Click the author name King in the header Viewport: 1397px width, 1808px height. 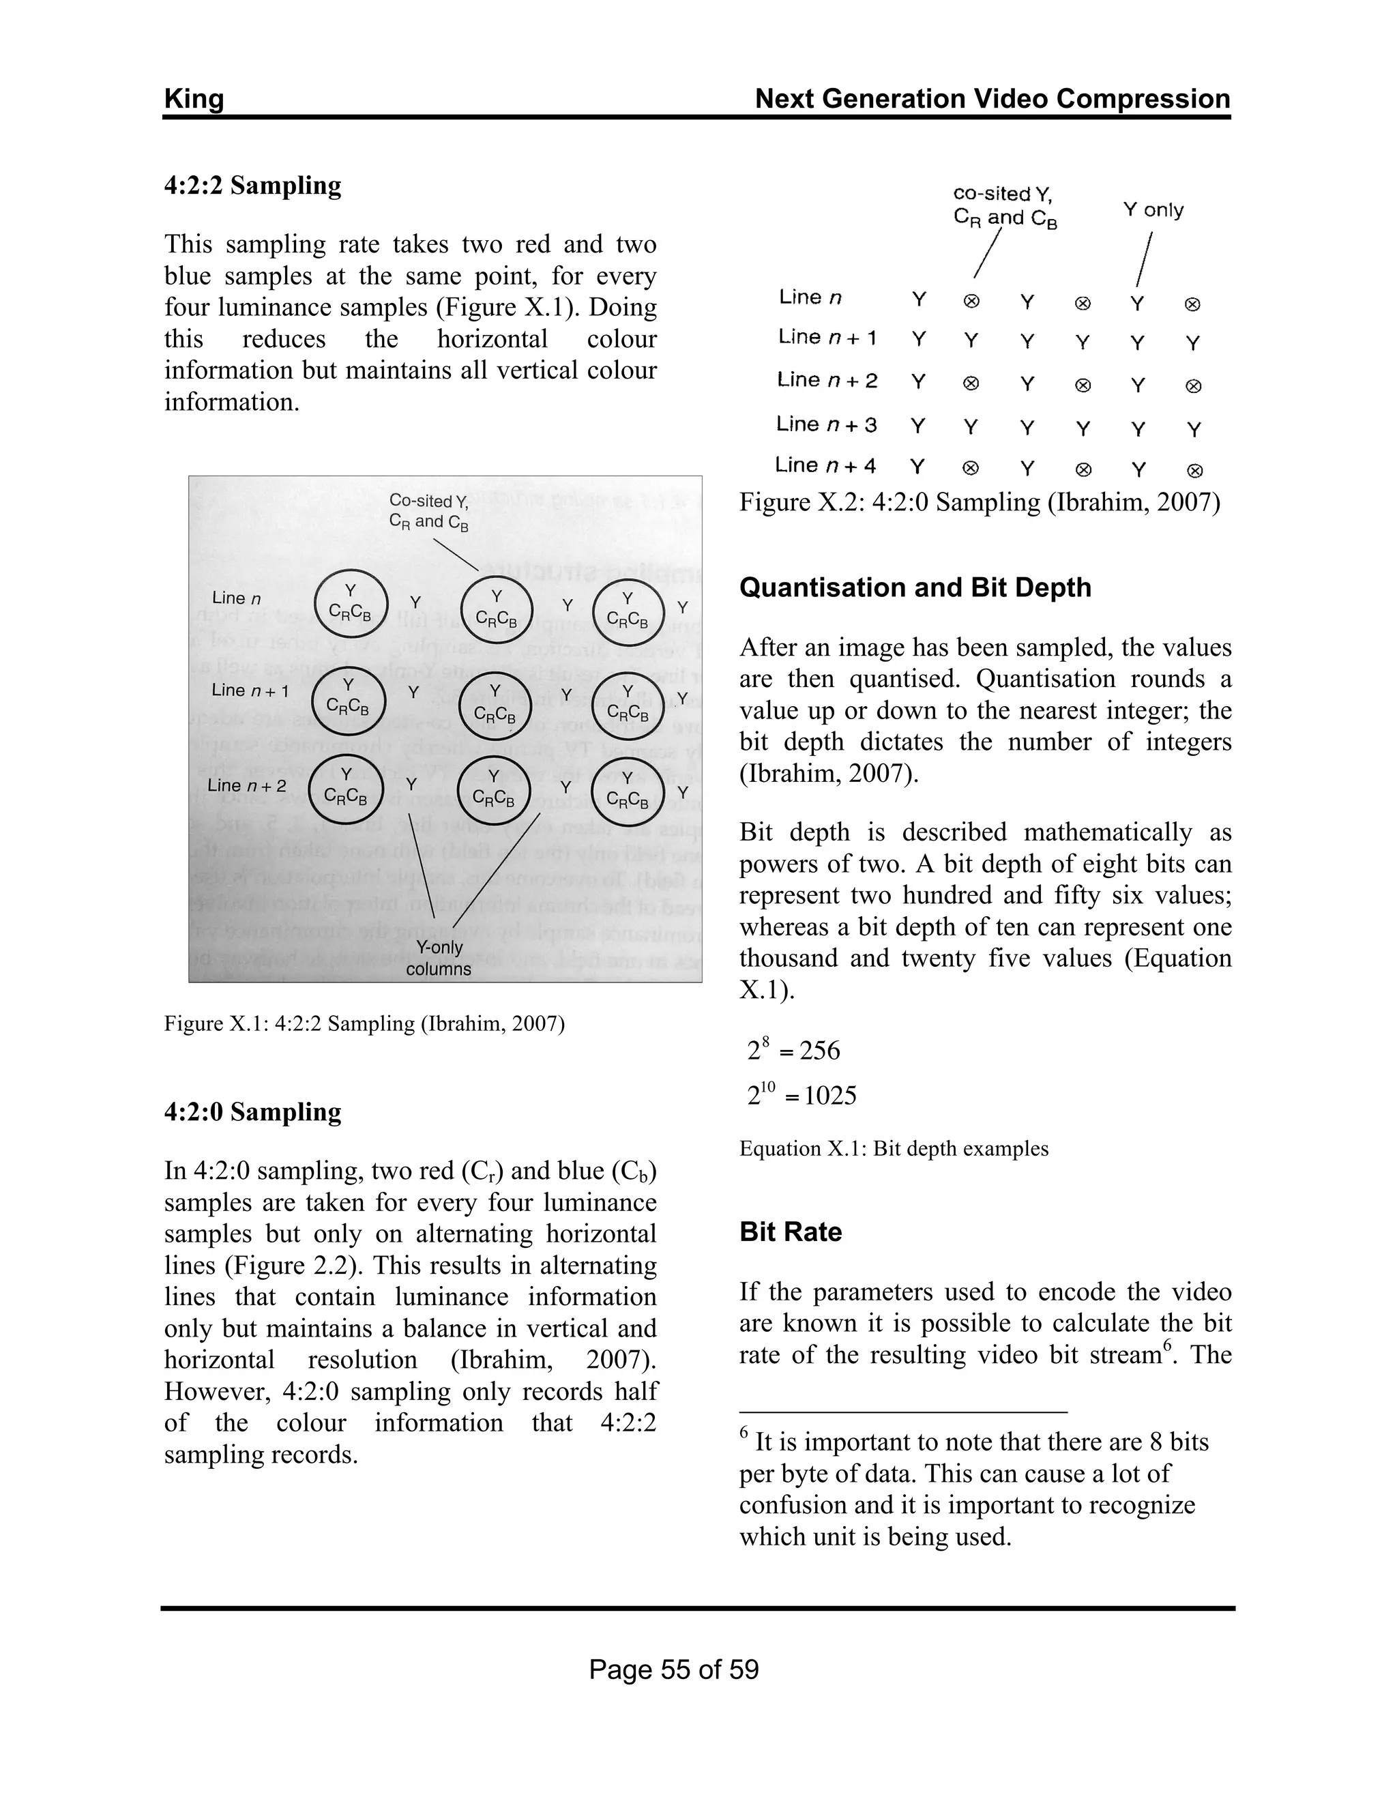tap(194, 100)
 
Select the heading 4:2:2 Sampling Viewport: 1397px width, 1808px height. tap(252, 186)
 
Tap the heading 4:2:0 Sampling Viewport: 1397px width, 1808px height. tap(252, 1112)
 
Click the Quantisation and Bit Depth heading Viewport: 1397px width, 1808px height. tap(915, 587)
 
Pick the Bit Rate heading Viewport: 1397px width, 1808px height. tap(791, 1231)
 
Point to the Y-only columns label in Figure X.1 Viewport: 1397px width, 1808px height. tap(439, 958)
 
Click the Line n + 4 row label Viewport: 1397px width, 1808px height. tap(825, 465)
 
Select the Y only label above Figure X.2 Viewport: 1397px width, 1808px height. tap(1153, 210)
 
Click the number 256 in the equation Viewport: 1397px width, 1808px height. tap(819, 1051)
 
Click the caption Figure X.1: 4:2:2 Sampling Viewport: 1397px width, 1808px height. tap(364, 1024)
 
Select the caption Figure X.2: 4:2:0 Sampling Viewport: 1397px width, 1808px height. tap(979, 503)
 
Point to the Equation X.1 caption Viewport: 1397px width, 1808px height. tap(893, 1149)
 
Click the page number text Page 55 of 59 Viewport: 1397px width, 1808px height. tap(674, 1670)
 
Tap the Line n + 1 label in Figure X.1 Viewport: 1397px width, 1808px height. tap(250, 690)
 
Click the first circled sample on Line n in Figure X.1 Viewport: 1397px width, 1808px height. tap(351, 604)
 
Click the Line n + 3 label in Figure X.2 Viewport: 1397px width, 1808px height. tap(826, 424)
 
